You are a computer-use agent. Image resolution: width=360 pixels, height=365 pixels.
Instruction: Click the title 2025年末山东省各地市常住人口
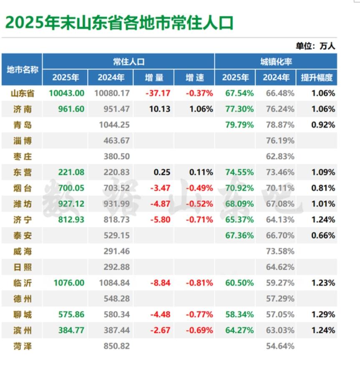tap(119, 23)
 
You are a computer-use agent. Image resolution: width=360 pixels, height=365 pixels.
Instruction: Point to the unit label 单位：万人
tap(315, 46)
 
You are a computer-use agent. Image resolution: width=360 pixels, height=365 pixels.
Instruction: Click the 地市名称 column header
tap(23, 70)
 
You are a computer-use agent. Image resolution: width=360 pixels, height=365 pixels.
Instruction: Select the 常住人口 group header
tap(128, 62)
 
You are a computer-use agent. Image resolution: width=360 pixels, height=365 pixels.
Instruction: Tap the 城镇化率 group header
tap(276, 62)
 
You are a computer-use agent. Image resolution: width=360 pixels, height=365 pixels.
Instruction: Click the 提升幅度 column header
tap(317, 78)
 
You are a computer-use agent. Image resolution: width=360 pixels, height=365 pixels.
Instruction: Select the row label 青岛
tap(23, 125)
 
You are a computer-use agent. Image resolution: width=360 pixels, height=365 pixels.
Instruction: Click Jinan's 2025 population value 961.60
tap(67, 109)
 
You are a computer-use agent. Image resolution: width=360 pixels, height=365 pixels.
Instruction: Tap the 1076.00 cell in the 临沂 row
tap(67, 283)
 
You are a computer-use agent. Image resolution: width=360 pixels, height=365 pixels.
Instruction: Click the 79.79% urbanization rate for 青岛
tap(239, 125)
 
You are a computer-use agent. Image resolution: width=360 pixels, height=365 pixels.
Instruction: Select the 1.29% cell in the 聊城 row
tap(323, 314)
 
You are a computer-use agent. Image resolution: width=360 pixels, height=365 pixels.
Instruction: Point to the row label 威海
tap(23, 251)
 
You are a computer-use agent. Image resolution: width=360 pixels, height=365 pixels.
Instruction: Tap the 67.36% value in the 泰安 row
tap(239, 236)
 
